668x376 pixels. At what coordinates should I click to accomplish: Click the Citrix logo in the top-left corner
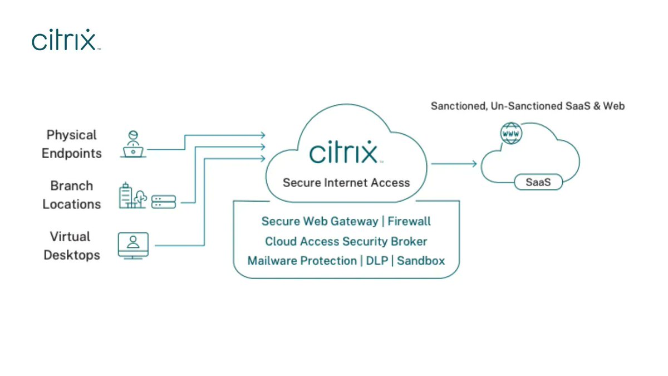(x=66, y=40)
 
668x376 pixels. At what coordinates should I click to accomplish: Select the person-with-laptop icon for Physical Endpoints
(x=133, y=145)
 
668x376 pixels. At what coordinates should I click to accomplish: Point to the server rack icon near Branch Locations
(x=164, y=201)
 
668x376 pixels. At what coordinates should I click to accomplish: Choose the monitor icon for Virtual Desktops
(x=133, y=245)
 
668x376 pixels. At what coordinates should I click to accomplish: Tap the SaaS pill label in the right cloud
(x=538, y=182)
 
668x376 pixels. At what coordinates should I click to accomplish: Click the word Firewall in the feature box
(x=409, y=221)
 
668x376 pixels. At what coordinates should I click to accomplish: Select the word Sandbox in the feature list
(x=421, y=260)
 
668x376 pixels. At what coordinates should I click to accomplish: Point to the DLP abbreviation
(x=377, y=260)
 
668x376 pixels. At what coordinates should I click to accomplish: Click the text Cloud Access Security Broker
(x=346, y=241)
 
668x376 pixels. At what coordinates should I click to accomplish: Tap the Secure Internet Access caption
(x=346, y=182)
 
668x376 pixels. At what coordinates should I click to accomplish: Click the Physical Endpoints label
(x=72, y=144)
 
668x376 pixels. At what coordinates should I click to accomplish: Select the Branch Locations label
(x=72, y=195)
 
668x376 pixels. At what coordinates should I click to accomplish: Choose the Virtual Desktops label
(x=72, y=246)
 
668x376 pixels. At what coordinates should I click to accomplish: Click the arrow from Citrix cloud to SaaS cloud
(x=454, y=163)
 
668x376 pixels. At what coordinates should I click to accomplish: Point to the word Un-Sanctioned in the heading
(x=524, y=106)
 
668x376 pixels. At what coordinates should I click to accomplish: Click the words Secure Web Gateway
(x=320, y=221)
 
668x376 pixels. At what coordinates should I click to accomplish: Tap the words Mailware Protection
(x=302, y=260)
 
